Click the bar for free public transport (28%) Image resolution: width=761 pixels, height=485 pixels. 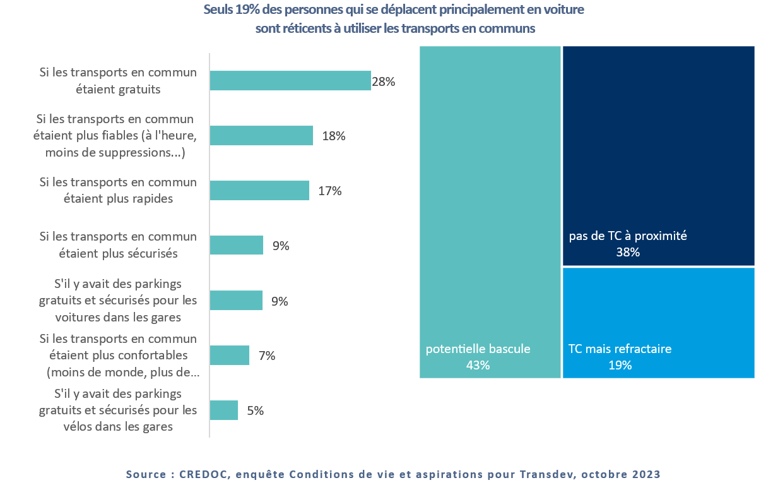(x=290, y=81)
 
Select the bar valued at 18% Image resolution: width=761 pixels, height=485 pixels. (x=261, y=136)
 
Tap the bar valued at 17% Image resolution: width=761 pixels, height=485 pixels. (x=259, y=191)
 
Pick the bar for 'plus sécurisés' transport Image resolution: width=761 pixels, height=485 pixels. (x=236, y=245)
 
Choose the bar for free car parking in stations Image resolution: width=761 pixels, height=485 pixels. (x=236, y=301)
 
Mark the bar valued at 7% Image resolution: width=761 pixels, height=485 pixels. (x=229, y=356)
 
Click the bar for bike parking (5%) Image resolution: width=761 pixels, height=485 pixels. (x=223, y=410)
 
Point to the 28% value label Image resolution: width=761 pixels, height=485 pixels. (x=383, y=81)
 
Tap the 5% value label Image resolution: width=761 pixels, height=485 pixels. (x=256, y=410)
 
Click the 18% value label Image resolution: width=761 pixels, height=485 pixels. (x=334, y=136)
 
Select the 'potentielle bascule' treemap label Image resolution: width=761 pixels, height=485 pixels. (x=478, y=349)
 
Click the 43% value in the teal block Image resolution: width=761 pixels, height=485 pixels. (x=478, y=364)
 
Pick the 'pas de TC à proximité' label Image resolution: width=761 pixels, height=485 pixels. (x=628, y=236)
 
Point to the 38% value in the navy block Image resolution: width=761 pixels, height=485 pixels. (x=628, y=253)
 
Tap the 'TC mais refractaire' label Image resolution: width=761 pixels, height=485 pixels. (x=620, y=349)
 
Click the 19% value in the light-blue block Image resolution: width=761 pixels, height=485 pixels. (x=620, y=364)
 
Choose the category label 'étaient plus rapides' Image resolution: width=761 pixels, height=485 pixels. (x=118, y=198)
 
